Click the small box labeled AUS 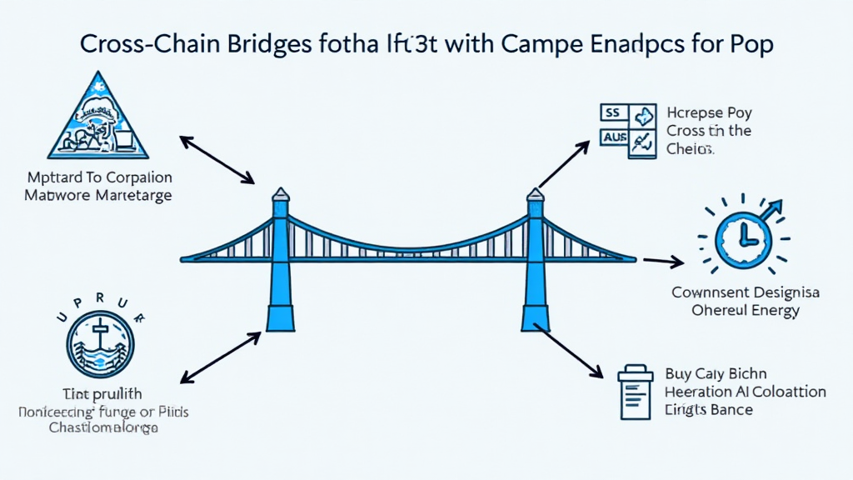[x=613, y=137]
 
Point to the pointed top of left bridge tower [x=281, y=193]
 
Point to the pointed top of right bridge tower [x=535, y=193]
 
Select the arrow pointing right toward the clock [x=663, y=262]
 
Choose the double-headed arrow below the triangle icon [x=217, y=158]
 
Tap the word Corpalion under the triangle [x=134, y=177]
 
